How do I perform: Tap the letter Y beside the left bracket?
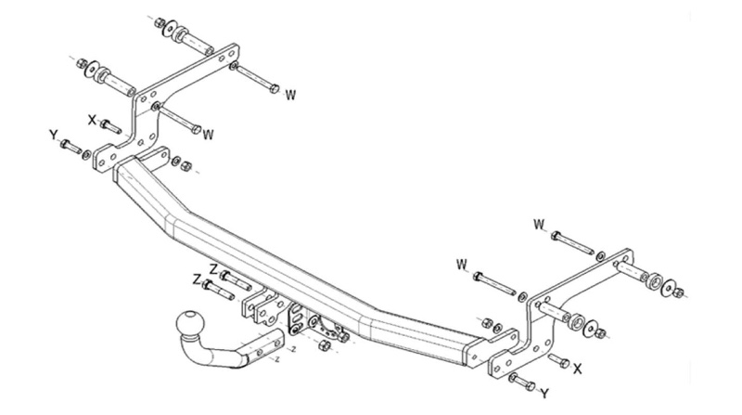[53, 136]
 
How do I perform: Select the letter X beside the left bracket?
[92, 119]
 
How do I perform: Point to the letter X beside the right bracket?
[577, 369]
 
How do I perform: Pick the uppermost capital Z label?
[214, 269]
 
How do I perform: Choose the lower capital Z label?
[197, 279]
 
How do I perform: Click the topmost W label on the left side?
[290, 94]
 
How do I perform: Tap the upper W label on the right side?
[539, 224]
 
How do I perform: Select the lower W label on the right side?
[461, 266]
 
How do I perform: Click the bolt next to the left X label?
[110, 123]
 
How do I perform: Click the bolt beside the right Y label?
[521, 380]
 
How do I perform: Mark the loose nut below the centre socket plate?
[323, 346]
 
